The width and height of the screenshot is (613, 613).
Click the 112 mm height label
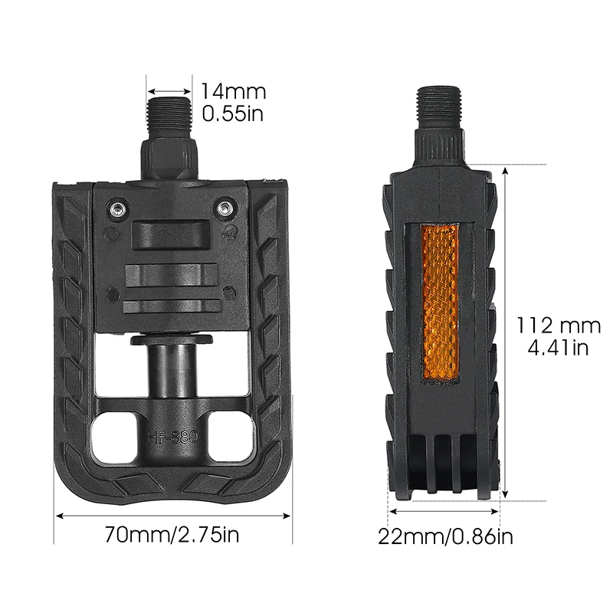(x=557, y=325)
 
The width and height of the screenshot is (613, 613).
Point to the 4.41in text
(x=558, y=348)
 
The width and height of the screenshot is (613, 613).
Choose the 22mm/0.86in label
(x=444, y=536)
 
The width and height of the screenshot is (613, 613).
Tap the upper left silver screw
(x=117, y=208)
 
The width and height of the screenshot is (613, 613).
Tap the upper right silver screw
(x=224, y=208)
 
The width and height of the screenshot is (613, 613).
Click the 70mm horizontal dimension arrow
(x=172, y=515)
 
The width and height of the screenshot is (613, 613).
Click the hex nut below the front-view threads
(x=170, y=157)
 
